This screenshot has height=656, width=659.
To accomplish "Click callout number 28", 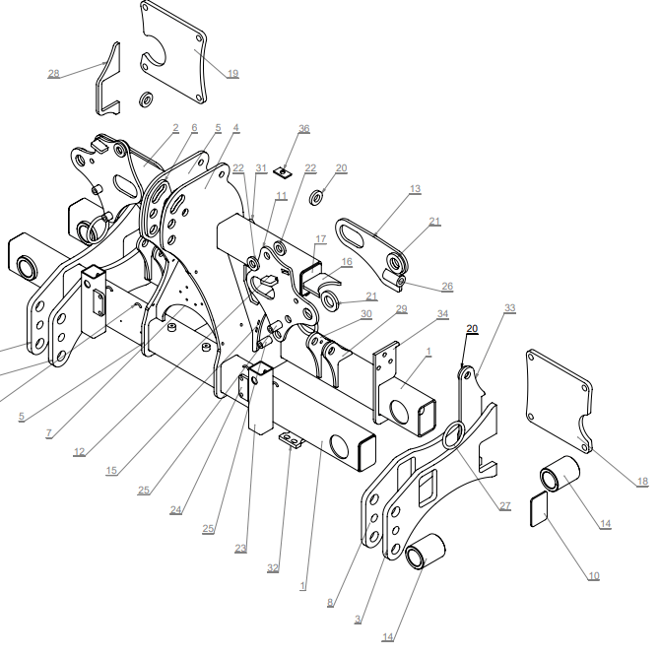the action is [54, 74].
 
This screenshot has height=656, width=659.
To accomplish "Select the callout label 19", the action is [232, 74].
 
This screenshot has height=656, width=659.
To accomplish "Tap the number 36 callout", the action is [303, 129].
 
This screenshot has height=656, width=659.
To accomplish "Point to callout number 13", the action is [416, 189].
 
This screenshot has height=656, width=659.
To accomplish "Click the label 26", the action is [447, 287].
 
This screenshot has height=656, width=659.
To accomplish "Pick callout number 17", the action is [321, 238].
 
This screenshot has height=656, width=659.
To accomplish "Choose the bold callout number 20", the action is [472, 328].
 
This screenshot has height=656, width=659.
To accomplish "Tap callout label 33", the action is [510, 307].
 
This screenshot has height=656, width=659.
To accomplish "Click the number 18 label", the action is [642, 482].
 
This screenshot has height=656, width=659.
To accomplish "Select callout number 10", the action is [593, 576].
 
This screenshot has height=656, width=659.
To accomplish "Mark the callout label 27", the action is [505, 506].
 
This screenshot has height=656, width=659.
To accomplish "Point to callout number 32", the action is [273, 568].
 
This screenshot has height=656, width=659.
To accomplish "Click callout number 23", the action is [240, 549].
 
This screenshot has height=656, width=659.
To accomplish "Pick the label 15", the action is [111, 471].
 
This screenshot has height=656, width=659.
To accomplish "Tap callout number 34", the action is [443, 314].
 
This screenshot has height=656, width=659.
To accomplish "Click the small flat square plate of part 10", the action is [540, 509].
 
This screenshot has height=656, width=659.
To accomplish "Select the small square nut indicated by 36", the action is [283, 172].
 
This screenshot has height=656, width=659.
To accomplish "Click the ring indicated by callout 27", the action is [454, 435].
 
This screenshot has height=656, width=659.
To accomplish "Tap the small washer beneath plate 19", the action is [146, 100].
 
